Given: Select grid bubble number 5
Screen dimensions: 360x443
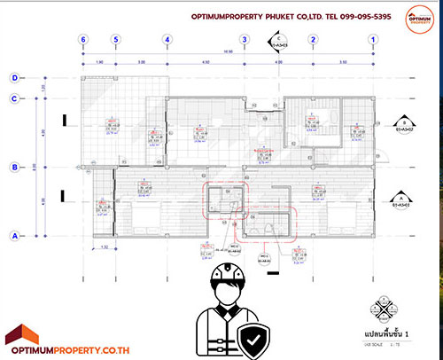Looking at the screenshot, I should tap(114, 40).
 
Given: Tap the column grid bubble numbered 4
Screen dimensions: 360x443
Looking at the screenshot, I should tap(167, 40).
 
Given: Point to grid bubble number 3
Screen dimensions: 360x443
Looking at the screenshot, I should tap(244, 40).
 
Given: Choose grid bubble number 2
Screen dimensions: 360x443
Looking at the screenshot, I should tap(313, 40).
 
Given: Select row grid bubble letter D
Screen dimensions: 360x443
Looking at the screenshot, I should tap(14, 77).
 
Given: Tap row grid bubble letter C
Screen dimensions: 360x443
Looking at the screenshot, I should tap(14, 98).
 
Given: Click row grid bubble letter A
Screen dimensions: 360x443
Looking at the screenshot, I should tap(14, 235).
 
